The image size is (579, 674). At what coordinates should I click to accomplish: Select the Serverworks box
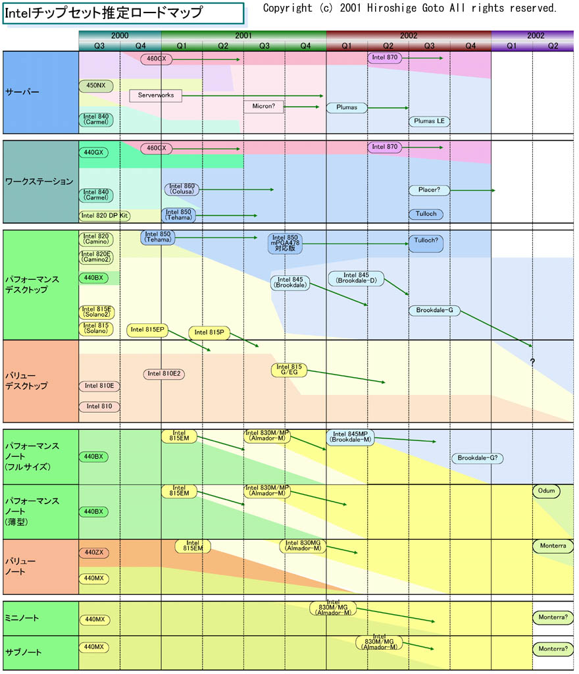pos(156,95)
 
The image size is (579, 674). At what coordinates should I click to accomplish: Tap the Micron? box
pos(263,107)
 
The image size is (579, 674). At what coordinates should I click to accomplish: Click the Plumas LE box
pos(429,121)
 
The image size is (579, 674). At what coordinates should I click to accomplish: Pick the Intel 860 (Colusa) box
pos(181,190)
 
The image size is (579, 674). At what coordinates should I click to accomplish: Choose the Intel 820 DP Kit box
pos(105,215)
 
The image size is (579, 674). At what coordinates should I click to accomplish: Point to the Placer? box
pos(429,190)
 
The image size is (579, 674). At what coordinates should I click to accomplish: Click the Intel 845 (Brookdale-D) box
pos(356,278)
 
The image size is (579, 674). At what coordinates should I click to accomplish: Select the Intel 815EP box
pos(147,330)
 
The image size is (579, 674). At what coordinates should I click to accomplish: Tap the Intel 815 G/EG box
pos(289,370)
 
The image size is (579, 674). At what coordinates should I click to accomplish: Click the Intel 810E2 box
pos(164,374)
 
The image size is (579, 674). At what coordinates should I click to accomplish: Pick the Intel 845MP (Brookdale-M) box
pos(351,437)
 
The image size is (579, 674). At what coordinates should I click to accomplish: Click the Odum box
pos(547,491)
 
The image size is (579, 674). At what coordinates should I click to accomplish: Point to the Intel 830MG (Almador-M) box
pos(303,546)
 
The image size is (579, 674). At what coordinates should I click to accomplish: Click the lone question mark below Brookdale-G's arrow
pos(532,362)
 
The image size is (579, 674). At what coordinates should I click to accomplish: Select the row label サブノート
pos(23,652)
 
